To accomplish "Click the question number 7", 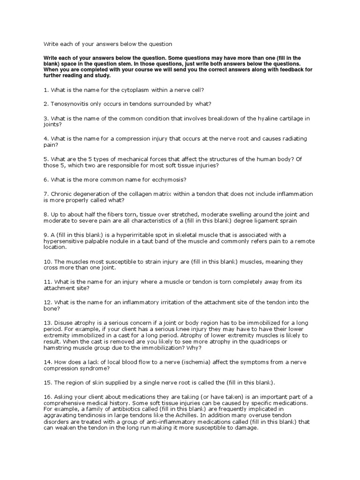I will pyautogui.click(x=46, y=194).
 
